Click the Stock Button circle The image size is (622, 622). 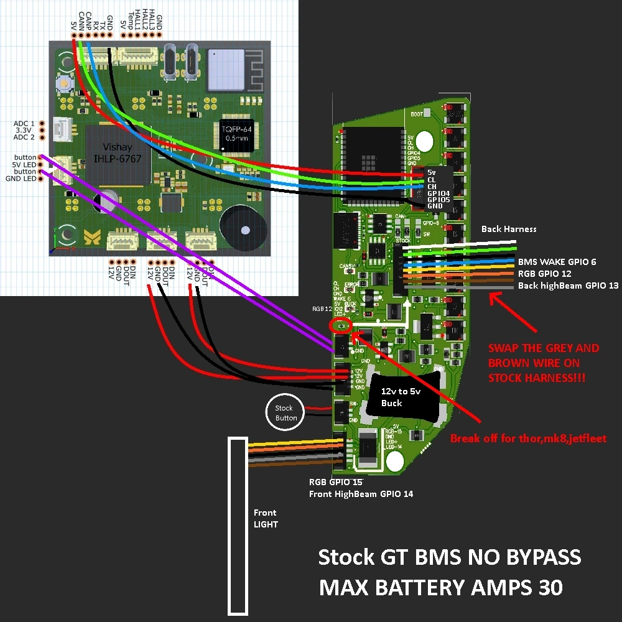click(x=286, y=413)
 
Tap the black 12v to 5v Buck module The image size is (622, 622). click(x=392, y=397)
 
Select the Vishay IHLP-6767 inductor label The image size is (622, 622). click(x=118, y=154)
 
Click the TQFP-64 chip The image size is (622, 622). click(x=238, y=133)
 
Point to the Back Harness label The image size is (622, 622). click(x=508, y=229)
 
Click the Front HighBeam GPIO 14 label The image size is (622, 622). click(x=361, y=494)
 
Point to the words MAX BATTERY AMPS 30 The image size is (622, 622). click(x=441, y=587)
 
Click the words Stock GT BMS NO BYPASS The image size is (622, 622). click(x=449, y=557)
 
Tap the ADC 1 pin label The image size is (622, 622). click(x=25, y=124)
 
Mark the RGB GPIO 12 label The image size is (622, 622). click(x=544, y=274)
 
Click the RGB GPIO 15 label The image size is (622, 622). click(x=336, y=482)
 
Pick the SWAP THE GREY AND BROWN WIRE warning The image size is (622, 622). click(x=544, y=363)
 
